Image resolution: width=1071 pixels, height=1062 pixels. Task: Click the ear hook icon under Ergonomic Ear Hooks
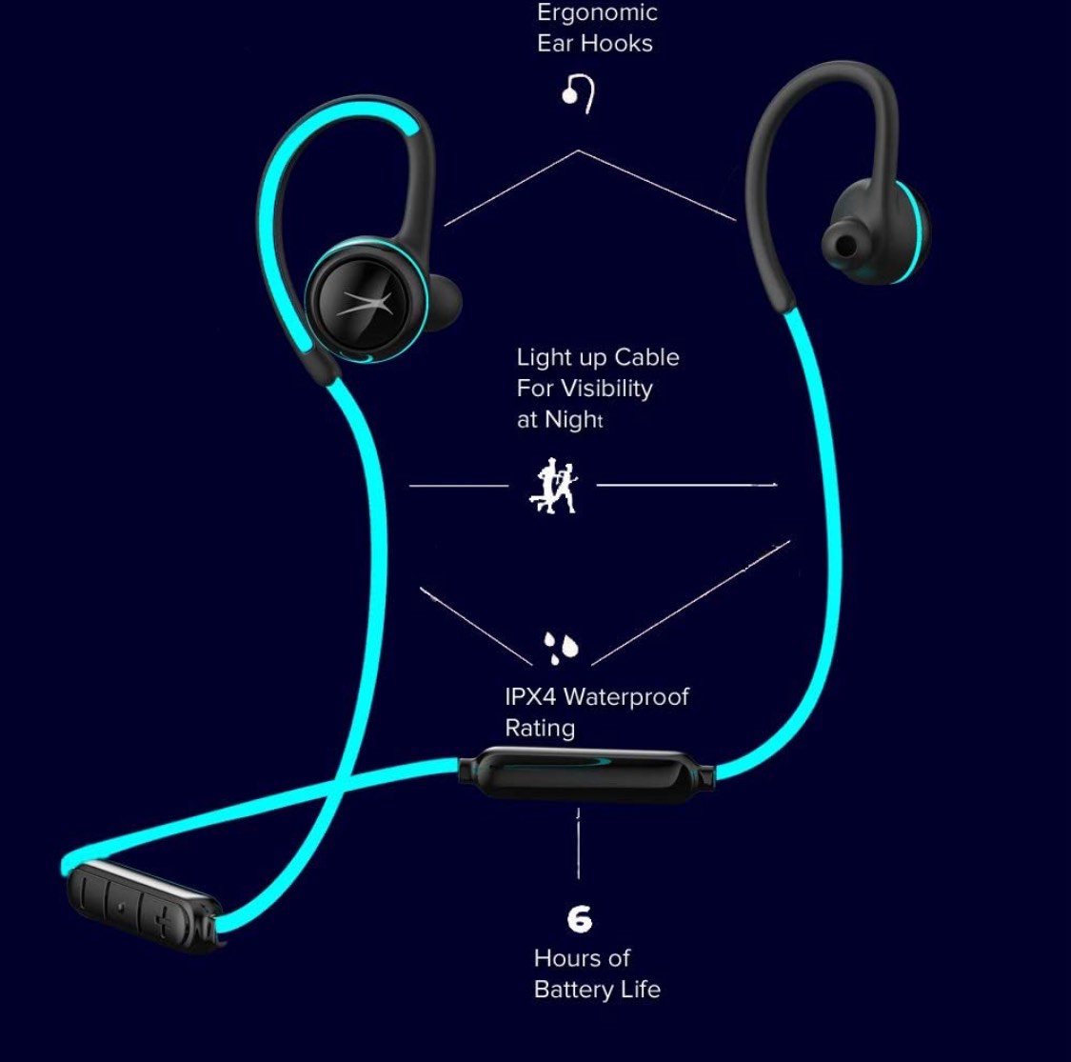pos(579,94)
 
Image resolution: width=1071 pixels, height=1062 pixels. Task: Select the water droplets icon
pos(561,647)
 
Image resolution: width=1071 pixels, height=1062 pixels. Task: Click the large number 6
pos(579,919)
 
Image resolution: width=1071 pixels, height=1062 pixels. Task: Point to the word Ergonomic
pos(597,13)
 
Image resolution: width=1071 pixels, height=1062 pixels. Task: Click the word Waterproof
pos(625,696)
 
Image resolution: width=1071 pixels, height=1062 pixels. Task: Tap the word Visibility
pos(605,389)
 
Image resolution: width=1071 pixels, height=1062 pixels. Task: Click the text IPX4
pos(530,696)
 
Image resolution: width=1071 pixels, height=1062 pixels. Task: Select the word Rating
pos(540,729)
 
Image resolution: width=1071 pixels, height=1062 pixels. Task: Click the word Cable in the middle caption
pos(646,358)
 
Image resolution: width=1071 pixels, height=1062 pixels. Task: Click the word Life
pos(640,990)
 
